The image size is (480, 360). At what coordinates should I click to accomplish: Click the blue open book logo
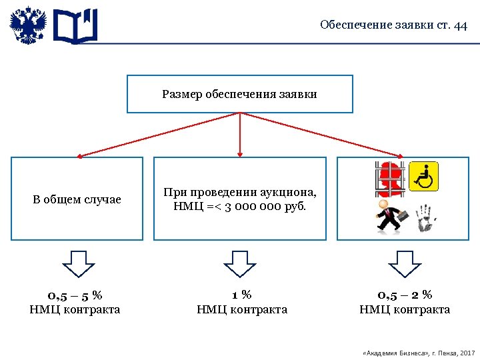tap(75, 27)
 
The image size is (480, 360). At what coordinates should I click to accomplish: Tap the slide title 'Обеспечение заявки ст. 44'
tap(393, 25)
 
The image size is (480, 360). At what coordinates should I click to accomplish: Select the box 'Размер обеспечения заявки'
tap(239, 94)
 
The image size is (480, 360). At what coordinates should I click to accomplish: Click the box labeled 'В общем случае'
tap(77, 199)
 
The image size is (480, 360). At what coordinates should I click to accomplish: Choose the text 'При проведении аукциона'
tap(240, 192)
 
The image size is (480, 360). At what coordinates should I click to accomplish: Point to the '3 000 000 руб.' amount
tap(266, 206)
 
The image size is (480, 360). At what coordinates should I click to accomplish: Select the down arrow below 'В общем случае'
tap(79, 263)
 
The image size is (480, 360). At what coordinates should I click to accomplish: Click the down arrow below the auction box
tap(240, 263)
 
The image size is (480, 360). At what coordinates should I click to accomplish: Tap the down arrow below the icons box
tap(405, 263)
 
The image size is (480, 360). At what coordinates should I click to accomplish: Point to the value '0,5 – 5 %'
tap(75, 295)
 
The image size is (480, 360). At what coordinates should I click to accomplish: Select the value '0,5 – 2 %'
tap(405, 295)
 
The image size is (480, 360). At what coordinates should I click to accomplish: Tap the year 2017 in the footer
tap(467, 351)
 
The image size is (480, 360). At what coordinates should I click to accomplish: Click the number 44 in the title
tap(460, 25)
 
